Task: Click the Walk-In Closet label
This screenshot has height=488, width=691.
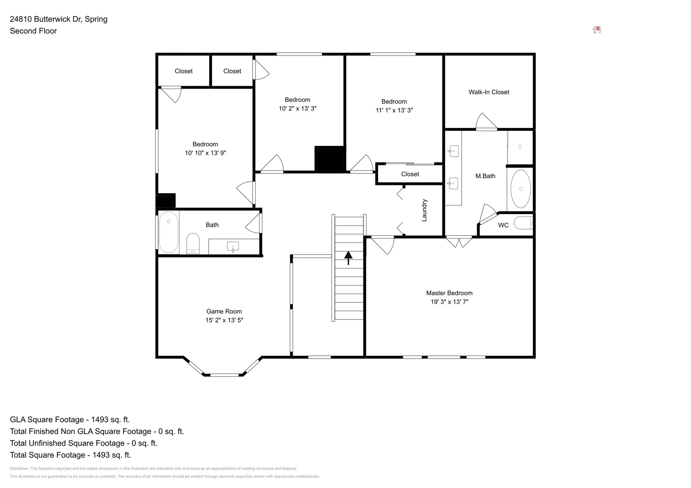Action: point(489,92)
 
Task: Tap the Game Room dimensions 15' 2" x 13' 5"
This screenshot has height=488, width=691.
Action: point(224,320)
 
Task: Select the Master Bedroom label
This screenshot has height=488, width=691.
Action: point(449,293)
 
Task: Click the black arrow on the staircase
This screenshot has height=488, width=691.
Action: point(348,258)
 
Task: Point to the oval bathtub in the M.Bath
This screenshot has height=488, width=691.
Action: point(521,189)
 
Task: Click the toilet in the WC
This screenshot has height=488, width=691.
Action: point(523,223)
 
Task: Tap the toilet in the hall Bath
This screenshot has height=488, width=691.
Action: point(193,243)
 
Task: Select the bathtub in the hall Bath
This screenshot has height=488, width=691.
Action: point(169,232)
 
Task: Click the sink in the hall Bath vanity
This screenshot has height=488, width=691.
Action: point(233,246)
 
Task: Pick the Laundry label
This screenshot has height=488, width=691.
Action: point(424,210)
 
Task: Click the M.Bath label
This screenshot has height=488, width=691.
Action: point(485,176)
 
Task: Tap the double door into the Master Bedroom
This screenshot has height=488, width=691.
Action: point(459,241)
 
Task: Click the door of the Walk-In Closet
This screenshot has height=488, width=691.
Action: point(486,121)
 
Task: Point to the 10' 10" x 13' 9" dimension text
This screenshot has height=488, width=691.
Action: point(205,153)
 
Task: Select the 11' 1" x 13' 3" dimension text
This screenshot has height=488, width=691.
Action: point(394,110)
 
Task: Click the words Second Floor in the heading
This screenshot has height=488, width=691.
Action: point(33,31)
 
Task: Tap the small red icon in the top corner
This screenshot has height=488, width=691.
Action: point(597,30)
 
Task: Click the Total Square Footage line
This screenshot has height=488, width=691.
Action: point(70,455)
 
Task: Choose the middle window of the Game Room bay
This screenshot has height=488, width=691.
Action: point(224,375)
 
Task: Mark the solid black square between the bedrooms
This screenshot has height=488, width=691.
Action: point(330,159)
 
